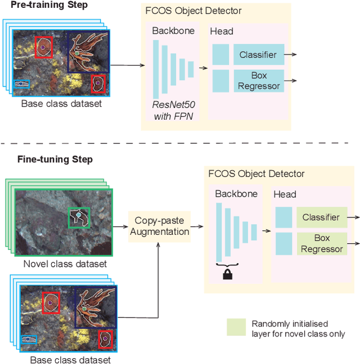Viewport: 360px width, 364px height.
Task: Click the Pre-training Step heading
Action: pyautogui.click(x=49, y=5)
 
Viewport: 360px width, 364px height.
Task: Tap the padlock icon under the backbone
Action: pyautogui.click(x=228, y=274)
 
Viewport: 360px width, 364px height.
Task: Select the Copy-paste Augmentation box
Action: pyautogui.click(x=159, y=227)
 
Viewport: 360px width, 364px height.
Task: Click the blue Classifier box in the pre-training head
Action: pyautogui.click(x=258, y=54)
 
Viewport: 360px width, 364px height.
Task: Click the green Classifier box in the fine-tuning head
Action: pyautogui.click(x=321, y=217)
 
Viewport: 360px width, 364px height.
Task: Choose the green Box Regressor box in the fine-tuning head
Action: pyautogui.click(x=321, y=243)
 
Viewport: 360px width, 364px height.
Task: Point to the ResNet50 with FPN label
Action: pyautogui.click(x=174, y=111)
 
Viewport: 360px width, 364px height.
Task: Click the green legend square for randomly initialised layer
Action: pyautogui.click(x=236, y=327)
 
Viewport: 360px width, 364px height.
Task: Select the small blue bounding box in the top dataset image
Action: pyautogui.click(x=21, y=84)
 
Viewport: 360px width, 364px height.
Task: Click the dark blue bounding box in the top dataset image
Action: pyautogui.click(x=88, y=52)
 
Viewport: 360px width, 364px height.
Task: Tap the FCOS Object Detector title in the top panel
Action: pyautogui.click(x=194, y=11)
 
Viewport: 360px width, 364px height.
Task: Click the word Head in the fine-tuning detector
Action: pyautogui.click(x=285, y=194)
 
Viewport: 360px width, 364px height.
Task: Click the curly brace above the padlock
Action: pyautogui.click(x=228, y=264)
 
